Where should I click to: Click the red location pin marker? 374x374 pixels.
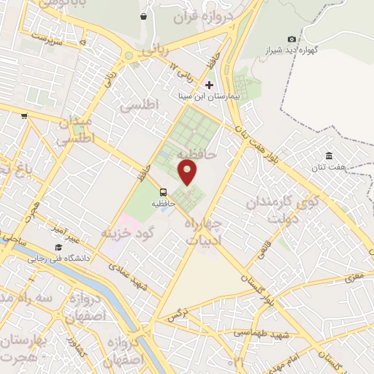[188, 172]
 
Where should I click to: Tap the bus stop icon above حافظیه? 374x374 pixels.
[162, 194]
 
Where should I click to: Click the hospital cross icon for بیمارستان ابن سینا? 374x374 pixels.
[209, 85]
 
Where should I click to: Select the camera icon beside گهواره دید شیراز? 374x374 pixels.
[292, 39]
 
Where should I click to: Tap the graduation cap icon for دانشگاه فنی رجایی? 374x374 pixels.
[58, 248]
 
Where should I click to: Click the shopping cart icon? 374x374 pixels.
[24, 115]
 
